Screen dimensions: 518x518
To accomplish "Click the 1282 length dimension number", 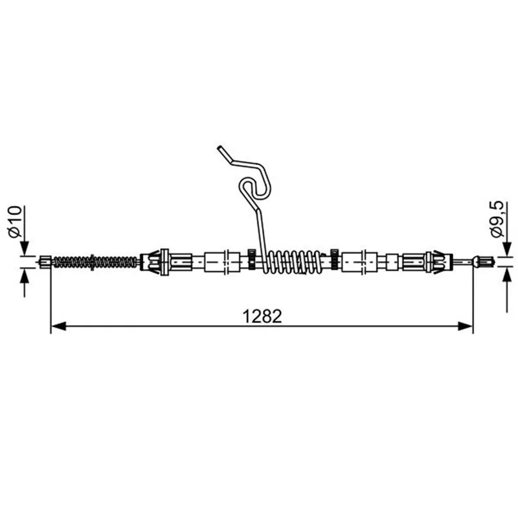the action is (x=262, y=316).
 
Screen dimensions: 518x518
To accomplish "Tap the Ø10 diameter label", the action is (x=15, y=221).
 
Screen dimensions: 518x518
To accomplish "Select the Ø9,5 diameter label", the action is (x=497, y=219).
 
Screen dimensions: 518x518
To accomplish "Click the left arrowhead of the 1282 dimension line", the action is (x=59, y=326).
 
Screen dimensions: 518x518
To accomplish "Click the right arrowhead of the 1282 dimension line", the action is (x=465, y=326).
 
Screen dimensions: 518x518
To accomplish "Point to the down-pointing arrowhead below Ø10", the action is (x=25, y=248).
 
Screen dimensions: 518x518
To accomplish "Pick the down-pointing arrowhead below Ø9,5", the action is (x=507, y=249).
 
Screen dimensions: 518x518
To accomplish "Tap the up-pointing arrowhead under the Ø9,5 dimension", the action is (x=507, y=274).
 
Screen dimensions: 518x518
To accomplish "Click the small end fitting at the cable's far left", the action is (x=45, y=262).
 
